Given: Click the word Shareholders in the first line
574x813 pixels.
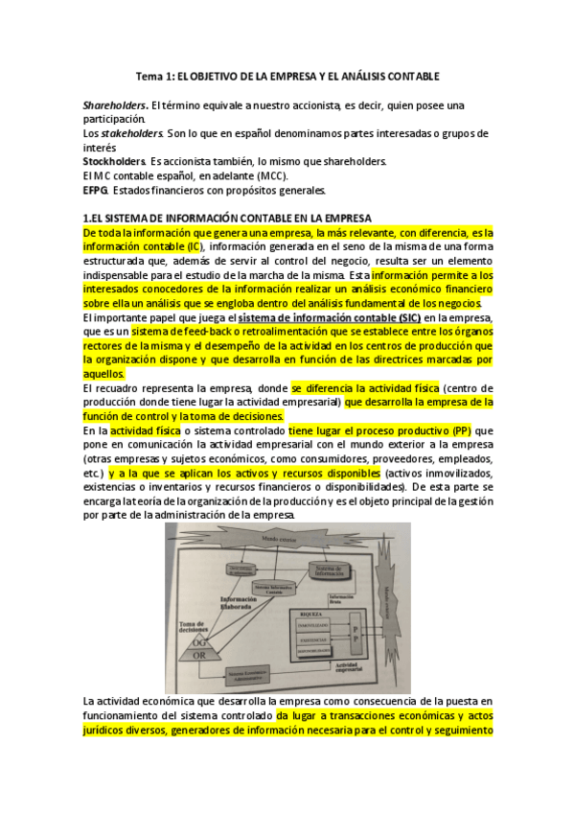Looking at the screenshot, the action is [x=115, y=105].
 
